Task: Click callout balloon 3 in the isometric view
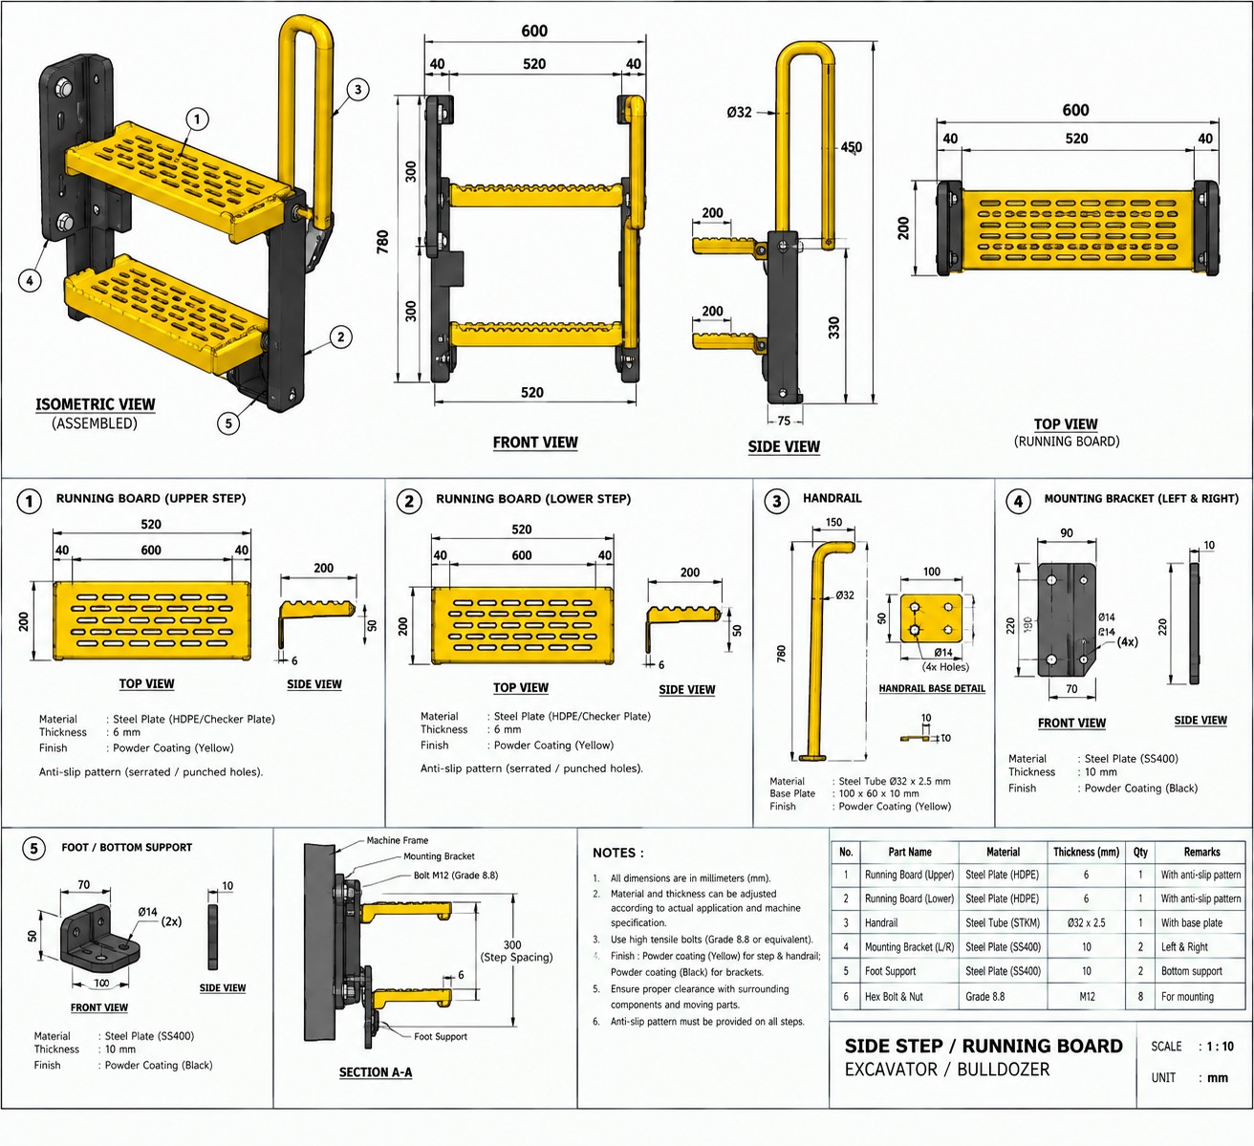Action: coord(357,90)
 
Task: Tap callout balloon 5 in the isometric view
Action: coord(228,423)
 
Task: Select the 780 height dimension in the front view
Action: coord(382,241)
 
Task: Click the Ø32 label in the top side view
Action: coord(739,112)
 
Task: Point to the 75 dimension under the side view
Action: coord(784,421)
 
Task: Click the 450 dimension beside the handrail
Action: coord(851,147)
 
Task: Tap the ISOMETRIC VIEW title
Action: coord(95,404)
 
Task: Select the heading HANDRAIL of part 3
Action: coord(832,498)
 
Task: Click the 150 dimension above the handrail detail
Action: coord(833,522)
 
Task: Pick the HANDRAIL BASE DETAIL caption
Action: coord(932,688)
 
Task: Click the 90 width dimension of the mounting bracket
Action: coord(1067,532)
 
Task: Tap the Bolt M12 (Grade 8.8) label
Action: coord(456,876)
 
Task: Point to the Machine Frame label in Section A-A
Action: coord(398,840)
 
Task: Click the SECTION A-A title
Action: coord(376,1072)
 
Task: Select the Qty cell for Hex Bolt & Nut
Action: coord(1140,997)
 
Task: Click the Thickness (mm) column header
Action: coord(1086,852)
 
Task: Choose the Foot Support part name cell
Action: coord(890,971)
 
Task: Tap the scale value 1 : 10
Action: coord(1221,1046)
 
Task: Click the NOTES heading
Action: coord(617,853)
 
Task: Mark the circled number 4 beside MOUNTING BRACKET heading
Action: coord(1018,501)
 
